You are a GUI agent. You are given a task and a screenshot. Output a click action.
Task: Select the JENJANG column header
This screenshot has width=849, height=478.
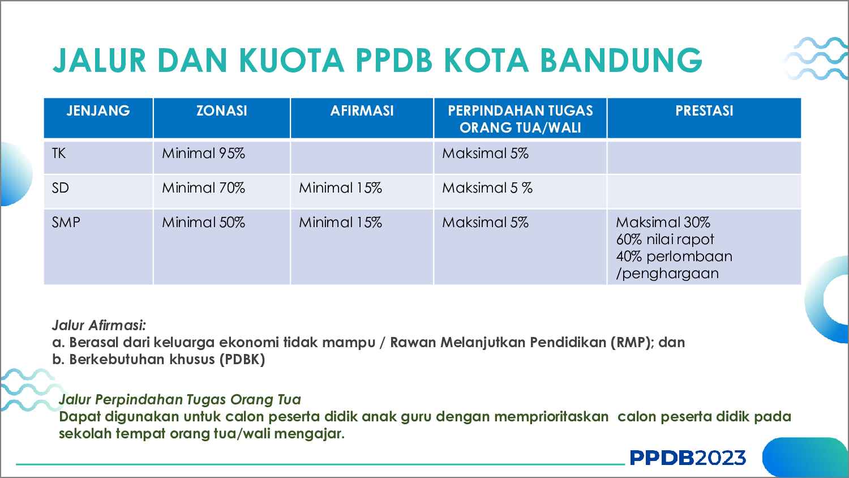point(98,110)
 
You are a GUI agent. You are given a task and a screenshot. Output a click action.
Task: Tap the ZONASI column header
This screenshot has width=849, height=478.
point(221,110)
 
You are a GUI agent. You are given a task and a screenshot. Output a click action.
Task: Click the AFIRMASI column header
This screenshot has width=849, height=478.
point(362,110)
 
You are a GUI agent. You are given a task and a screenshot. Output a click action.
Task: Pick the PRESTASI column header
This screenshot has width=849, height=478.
point(704,110)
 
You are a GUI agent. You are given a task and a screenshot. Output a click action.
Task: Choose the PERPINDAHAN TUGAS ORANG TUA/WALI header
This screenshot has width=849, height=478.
point(520,119)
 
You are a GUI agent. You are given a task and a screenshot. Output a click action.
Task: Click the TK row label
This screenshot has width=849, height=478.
point(59,153)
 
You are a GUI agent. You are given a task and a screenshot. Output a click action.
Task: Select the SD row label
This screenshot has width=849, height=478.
point(60,188)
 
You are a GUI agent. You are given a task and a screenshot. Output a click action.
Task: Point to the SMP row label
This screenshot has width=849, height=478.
point(66,223)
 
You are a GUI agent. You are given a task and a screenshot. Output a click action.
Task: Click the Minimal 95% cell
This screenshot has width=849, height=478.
point(203,153)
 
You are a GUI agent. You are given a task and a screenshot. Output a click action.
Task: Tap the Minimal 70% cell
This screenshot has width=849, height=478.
point(203,188)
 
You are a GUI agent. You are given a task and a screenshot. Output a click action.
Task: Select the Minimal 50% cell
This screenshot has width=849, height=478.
point(203,223)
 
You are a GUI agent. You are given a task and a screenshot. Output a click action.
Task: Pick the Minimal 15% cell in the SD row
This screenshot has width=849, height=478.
point(340,188)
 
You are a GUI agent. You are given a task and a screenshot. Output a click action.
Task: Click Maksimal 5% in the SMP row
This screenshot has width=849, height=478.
point(485,223)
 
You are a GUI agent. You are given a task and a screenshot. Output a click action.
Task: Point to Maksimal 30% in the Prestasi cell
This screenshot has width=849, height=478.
point(663,223)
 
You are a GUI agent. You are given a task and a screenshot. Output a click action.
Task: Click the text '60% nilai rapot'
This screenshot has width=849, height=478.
point(665,240)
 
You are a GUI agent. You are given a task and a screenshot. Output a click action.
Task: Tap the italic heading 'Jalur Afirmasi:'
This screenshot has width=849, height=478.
point(99,325)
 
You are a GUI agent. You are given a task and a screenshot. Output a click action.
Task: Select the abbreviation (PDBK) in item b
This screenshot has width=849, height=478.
point(242,359)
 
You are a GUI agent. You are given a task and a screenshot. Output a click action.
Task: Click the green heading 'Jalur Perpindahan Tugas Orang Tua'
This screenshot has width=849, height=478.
point(179,399)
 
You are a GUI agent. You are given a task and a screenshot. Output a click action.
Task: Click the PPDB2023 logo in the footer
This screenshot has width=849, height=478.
point(688,458)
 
